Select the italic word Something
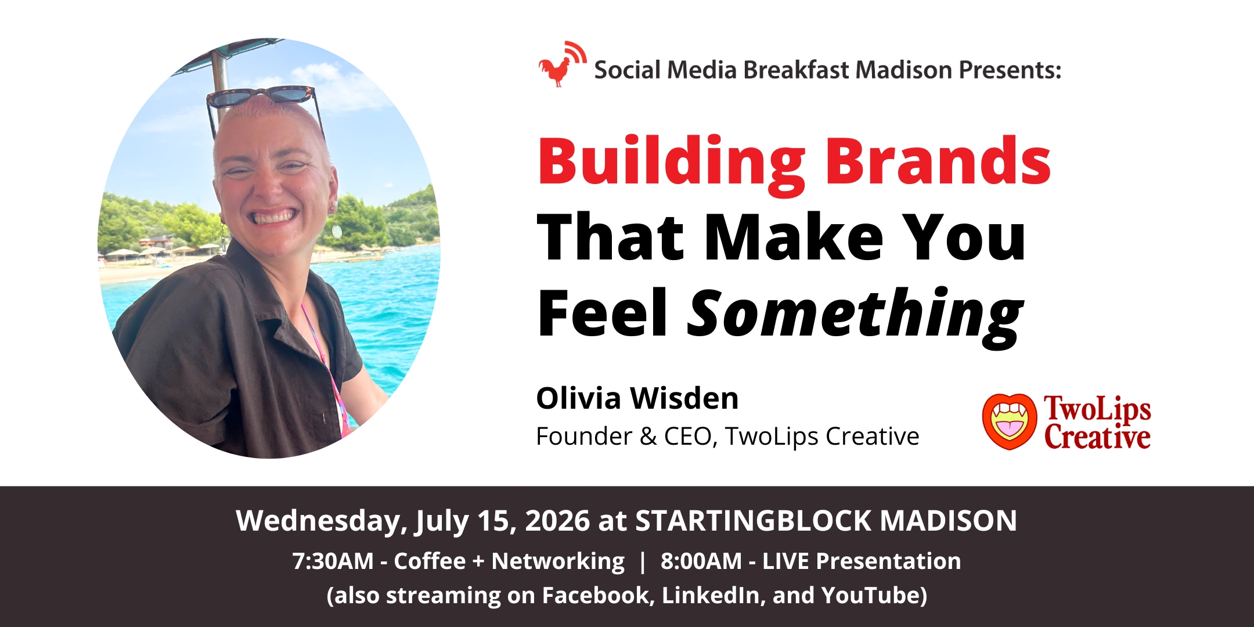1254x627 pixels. tap(855, 316)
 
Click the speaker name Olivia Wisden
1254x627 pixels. tap(637, 398)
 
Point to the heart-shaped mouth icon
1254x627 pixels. tap(1010, 421)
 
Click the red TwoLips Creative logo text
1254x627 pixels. tap(1097, 423)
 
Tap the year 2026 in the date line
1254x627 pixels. tap(557, 521)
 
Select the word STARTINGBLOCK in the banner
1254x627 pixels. tap(753, 521)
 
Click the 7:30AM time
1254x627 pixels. tap(333, 561)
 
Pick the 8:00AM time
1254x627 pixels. tap(701, 561)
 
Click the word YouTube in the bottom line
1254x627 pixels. tap(874, 596)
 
